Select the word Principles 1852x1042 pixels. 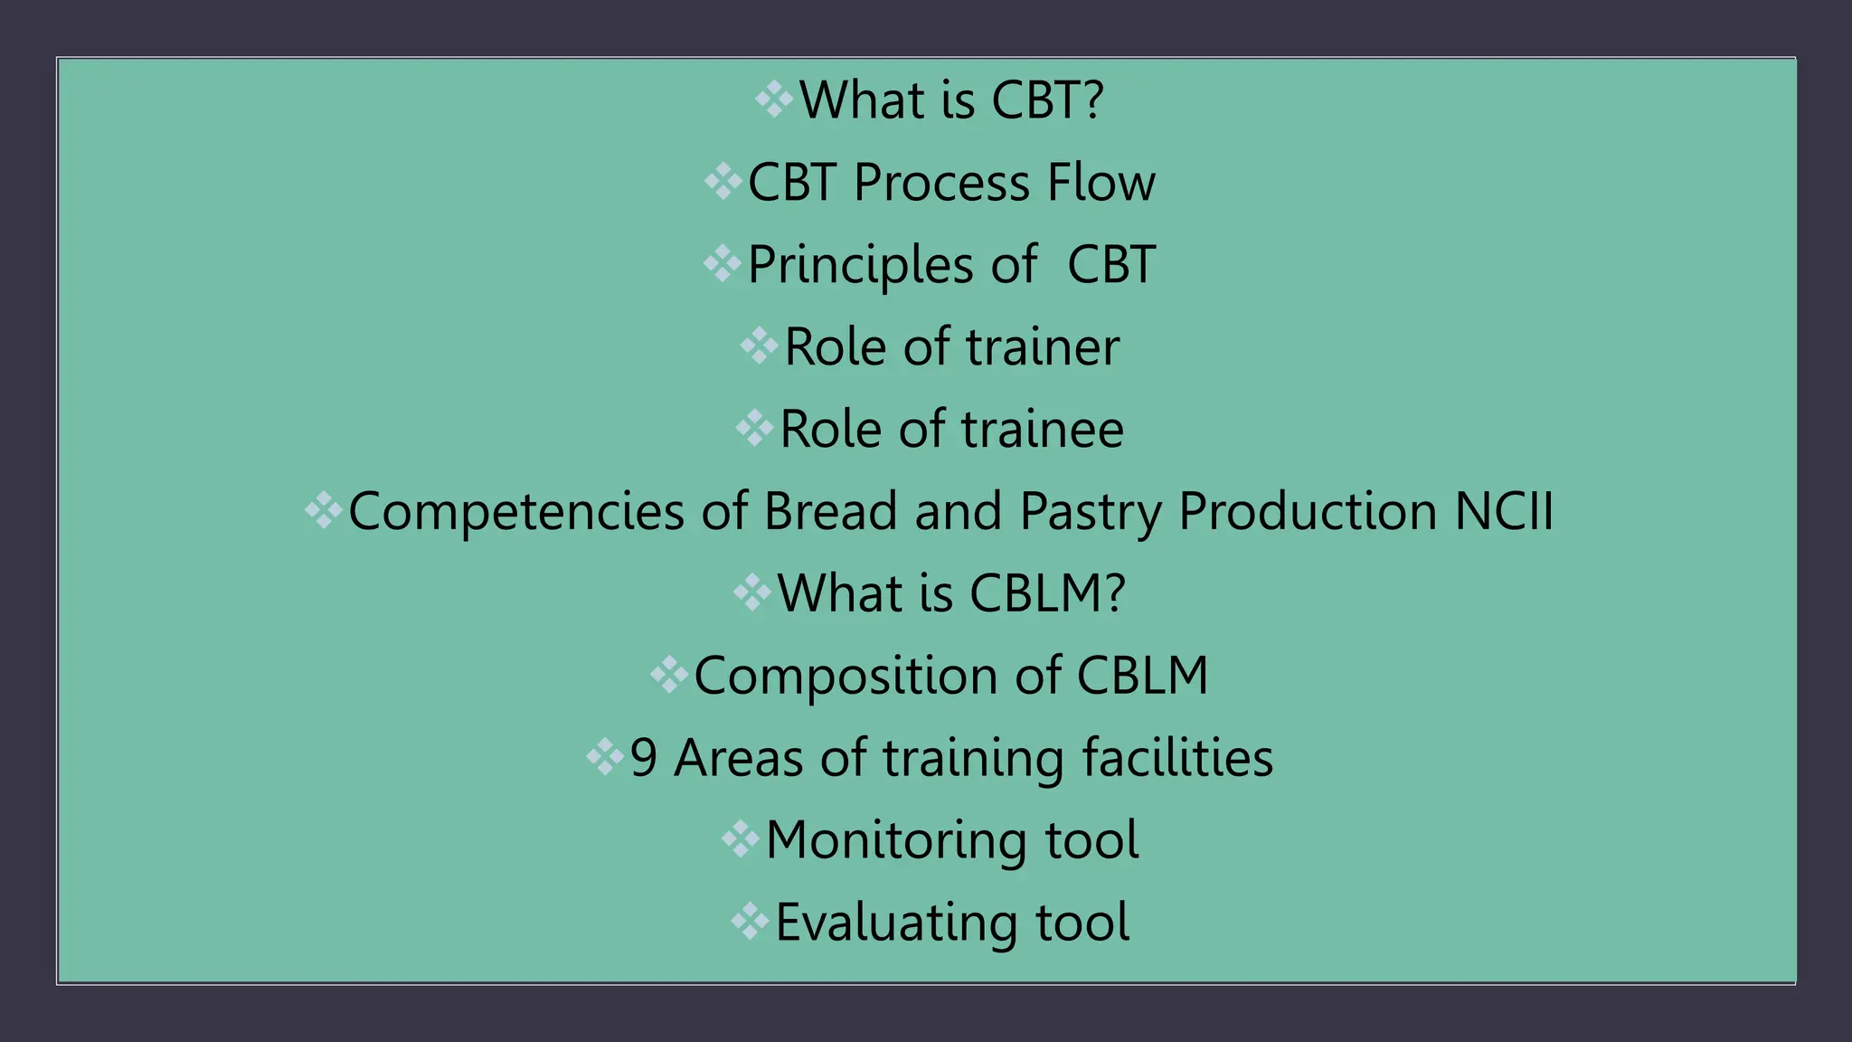[x=860, y=266]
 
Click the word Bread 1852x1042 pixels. [x=829, y=511]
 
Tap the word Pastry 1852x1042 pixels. [x=1090, y=513]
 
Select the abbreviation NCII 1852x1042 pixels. [x=1504, y=511]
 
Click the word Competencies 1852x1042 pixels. [x=515, y=513]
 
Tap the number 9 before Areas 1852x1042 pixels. [x=643, y=759]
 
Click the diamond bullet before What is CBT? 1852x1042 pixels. [x=774, y=99]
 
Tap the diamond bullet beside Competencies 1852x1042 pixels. [x=323, y=510]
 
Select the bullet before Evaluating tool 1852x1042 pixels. [x=750, y=922]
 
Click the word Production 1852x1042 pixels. [x=1308, y=511]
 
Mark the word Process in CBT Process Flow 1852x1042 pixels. [x=941, y=184]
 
